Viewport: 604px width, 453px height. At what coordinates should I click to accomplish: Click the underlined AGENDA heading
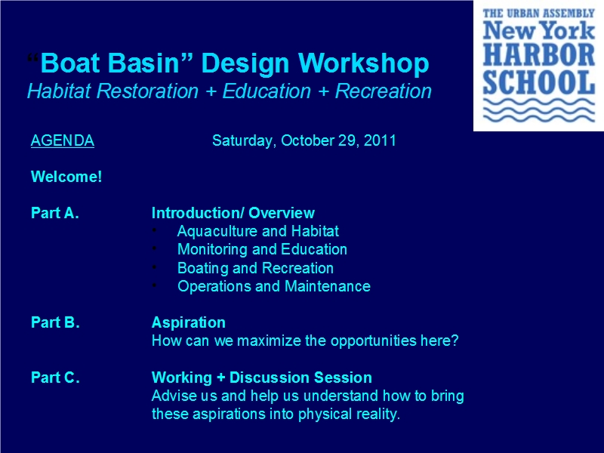[x=63, y=140]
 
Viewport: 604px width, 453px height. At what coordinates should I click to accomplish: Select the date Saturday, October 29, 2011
[x=304, y=140]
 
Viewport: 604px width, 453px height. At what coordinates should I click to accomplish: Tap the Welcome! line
[x=66, y=177]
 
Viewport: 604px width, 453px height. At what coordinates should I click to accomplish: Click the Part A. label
[x=54, y=213]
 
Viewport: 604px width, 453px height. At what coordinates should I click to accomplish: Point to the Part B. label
[x=55, y=322]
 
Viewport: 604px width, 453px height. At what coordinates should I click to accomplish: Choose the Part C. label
[x=55, y=377]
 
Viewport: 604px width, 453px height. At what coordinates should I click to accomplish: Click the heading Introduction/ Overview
[x=233, y=213]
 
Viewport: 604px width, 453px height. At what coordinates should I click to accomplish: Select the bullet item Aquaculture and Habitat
[x=257, y=231]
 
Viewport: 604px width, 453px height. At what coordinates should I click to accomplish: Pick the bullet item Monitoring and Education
[x=262, y=249]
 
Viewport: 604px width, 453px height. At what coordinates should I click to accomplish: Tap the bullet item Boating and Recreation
[x=255, y=268]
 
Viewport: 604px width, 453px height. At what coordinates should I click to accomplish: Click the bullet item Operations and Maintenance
[x=273, y=286]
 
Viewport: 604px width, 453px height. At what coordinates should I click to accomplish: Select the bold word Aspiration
[x=188, y=322]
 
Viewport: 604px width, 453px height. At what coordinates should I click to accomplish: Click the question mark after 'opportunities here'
[x=455, y=341]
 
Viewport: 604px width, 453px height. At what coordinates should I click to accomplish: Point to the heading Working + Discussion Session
[x=261, y=377]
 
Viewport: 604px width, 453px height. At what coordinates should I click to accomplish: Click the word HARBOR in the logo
[x=539, y=54]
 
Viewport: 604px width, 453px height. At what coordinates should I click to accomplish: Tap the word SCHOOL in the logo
[x=539, y=82]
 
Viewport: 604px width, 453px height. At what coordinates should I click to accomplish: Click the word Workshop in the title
[x=363, y=63]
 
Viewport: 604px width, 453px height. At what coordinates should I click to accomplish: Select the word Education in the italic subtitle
[x=267, y=91]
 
